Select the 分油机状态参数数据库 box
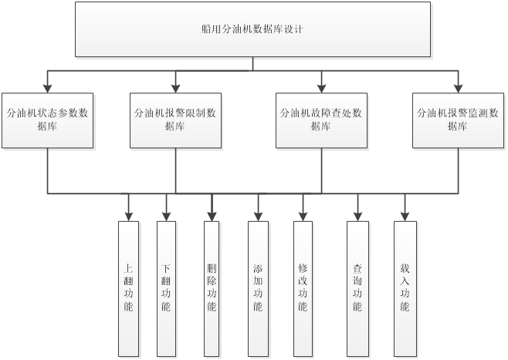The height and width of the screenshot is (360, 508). (x=47, y=120)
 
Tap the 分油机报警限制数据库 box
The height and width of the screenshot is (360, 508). (x=175, y=120)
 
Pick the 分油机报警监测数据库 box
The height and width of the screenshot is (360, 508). (x=458, y=120)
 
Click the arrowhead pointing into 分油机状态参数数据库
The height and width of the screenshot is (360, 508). (x=48, y=87)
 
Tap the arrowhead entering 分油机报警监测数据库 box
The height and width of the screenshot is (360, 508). (x=458, y=87)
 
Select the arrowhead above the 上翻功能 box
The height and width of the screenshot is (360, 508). (x=128, y=216)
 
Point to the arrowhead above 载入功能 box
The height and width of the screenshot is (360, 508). (x=405, y=216)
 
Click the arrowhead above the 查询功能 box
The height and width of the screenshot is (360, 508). (x=357, y=216)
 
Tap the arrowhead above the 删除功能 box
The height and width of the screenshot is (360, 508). (x=212, y=216)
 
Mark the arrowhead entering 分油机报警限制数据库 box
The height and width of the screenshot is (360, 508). (x=176, y=87)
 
